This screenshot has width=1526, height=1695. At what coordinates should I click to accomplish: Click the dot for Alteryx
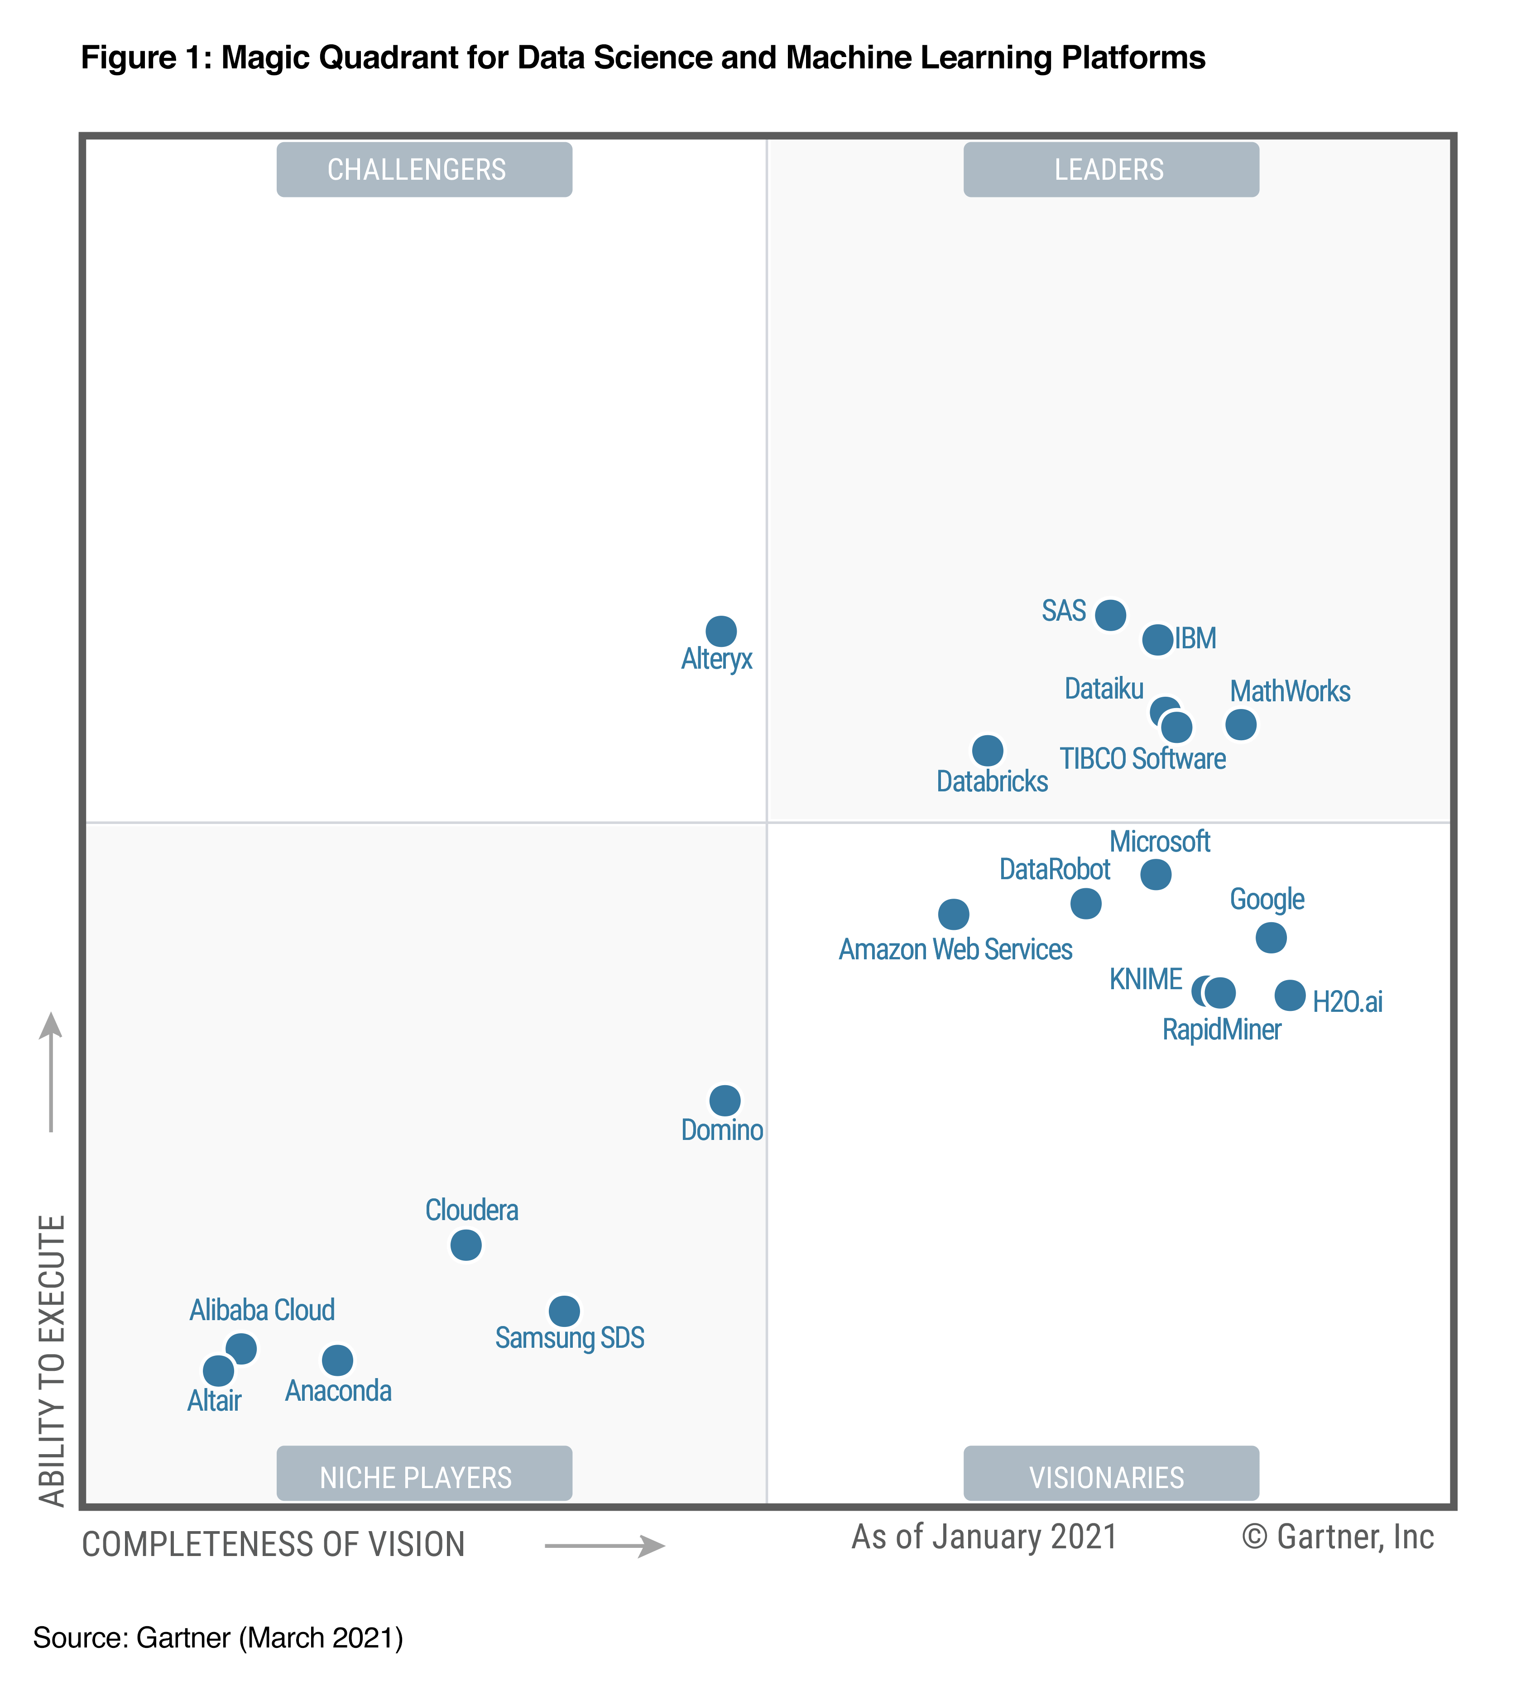[x=721, y=631]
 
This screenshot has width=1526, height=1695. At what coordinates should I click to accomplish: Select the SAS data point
[x=1111, y=615]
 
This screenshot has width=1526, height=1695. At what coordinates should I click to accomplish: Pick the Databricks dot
[x=988, y=750]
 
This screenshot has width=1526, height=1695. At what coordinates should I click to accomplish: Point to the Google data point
[x=1271, y=937]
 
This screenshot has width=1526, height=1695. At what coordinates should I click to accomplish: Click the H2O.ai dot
[x=1291, y=995]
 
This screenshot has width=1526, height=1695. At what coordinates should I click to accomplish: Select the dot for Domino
[x=725, y=1100]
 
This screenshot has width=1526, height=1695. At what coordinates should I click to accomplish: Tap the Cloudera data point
[x=466, y=1245]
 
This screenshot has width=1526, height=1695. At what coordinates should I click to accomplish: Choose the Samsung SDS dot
[x=564, y=1310]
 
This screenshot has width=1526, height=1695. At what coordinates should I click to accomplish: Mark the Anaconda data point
[x=338, y=1360]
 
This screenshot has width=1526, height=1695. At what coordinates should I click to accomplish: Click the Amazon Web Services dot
[x=953, y=914]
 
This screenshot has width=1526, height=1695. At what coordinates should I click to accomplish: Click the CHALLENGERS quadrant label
[x=424, y=169]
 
